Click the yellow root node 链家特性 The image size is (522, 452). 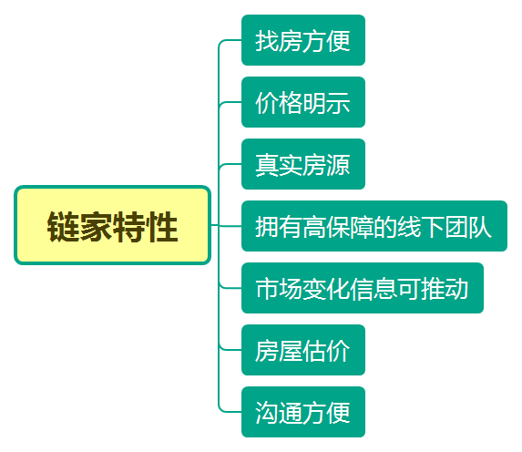pyautogui.click(x=113, y=225)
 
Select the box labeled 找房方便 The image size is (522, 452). pyautogui.click(x=303, y=40)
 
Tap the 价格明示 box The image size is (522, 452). pyautogui.click(x=303, y=102)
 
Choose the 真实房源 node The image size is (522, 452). pyautogui.click(x=303, y=164)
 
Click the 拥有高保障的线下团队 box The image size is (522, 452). pyautogui.click(x=374, y=226)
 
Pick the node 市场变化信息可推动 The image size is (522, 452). pyautogui.click(x=363, y=288)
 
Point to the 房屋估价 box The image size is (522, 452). pyautogui.click(x=303, y=350)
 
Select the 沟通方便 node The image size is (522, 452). pyautogui.click(x=303, y=412)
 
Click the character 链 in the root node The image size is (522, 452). pyautogui.click(x=63, y=227)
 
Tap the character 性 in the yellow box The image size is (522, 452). pyautogui.click(x=162, y=227)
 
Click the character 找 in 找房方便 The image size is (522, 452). pyautogui.click(x=267, y=41)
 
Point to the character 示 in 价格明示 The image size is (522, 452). pyautogui.click(x=338, y=103)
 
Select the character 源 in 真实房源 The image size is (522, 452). pyautogui.click(x=338, y=165)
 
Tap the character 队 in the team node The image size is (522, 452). pyautogui.click(x=480, y=227)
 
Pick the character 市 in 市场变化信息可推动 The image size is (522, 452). pyautogui.click(x=267, y=289)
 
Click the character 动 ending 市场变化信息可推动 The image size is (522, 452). pyautogui.click(x=456, y=289)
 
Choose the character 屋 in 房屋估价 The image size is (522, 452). pyautogui.click(x=291, y=351)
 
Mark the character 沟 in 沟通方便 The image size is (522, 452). pyautogui.click(x=267, y=413)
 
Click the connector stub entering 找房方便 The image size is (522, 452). pyautogui.click(x=230, y=40)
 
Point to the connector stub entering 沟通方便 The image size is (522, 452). pyautogui.click(x=230, y=412)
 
